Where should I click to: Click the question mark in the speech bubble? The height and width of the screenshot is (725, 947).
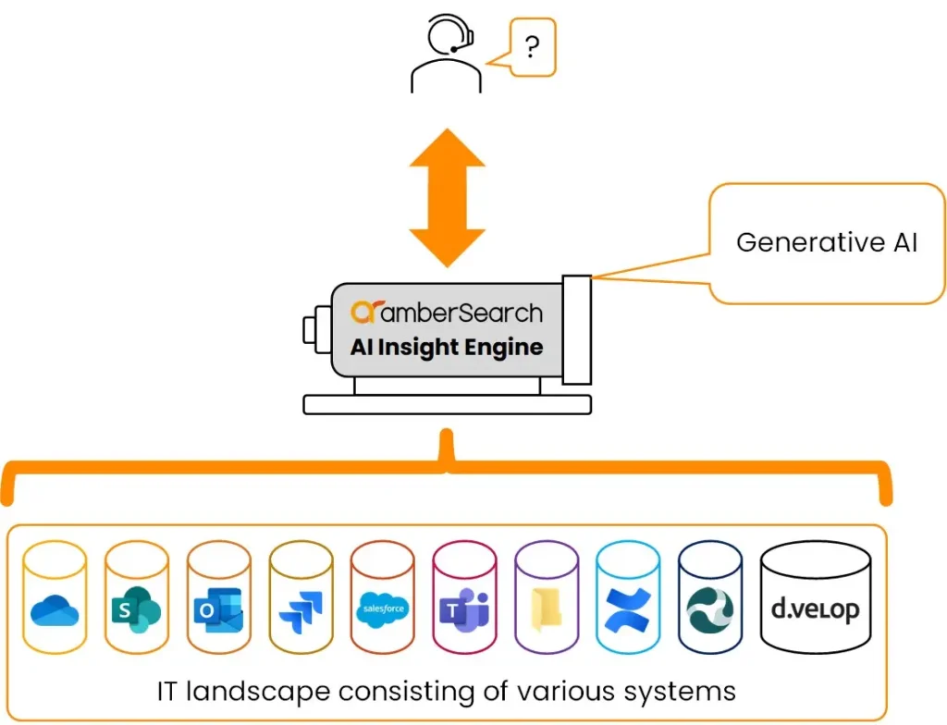[531, 47]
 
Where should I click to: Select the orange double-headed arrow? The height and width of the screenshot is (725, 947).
[448, 198]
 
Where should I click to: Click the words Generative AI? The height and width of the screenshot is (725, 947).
[826, 242]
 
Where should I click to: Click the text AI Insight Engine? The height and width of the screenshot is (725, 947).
[447, 348]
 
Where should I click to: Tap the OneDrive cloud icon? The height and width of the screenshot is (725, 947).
[55, 610]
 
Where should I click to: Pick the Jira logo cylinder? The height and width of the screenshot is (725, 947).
[301, 611]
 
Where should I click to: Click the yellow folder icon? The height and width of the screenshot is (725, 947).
[546, 611]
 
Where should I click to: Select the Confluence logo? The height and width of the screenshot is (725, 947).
[628, 611]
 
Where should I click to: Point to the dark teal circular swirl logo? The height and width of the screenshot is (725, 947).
[709, 610]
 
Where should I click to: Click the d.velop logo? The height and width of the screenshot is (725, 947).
[815, 610]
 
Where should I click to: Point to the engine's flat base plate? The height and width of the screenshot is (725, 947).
[447, 404]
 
